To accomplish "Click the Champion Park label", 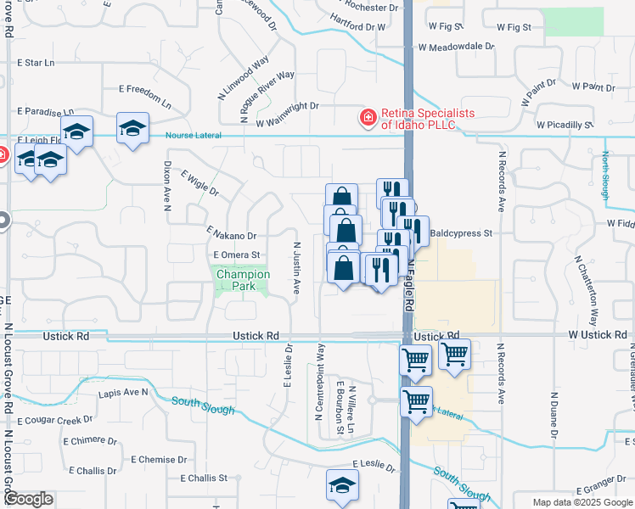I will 243,280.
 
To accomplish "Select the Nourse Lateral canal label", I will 194,136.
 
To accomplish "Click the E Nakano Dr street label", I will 231,232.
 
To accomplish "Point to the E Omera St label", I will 236,255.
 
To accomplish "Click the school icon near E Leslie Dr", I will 342,486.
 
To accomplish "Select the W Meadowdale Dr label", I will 456,48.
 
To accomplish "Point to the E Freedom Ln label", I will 144,96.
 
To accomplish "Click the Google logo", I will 28,498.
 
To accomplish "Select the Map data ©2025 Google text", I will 582,502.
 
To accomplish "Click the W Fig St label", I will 513,27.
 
